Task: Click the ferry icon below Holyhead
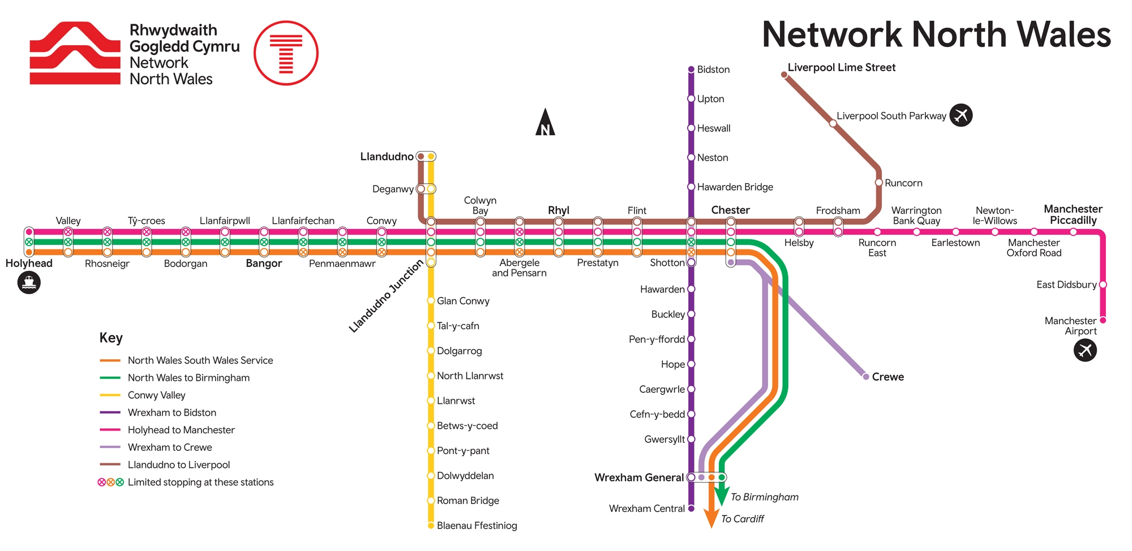[x=29, y=282]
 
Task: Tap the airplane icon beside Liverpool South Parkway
[x=961, y=115]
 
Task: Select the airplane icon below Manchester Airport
[x=1085, y=350]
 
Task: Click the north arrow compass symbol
[x=545, y=123]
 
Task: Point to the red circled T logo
[x=286, y=53]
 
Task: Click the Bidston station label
[x=713, y=70]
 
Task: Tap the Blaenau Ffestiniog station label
[x=477, y=526]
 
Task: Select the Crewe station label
[x=887, y=377]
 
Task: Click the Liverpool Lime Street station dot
[x=784, y=75]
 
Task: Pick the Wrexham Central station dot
[x=691, y=509]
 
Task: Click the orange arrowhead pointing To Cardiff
[x=711, y=518]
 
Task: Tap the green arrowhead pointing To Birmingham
[x=722, y=497]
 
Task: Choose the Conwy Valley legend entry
[x=156, y=395]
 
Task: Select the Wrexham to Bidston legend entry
[x=171, y=412]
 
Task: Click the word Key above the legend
[x=111, y=338]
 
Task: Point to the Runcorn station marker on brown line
[x=878, y=183]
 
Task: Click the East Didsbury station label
[x=1066, y=285]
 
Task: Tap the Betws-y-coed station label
[x=467, y=426]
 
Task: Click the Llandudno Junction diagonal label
[x=386, y=296]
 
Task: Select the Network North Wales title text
[x=936, y=35]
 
